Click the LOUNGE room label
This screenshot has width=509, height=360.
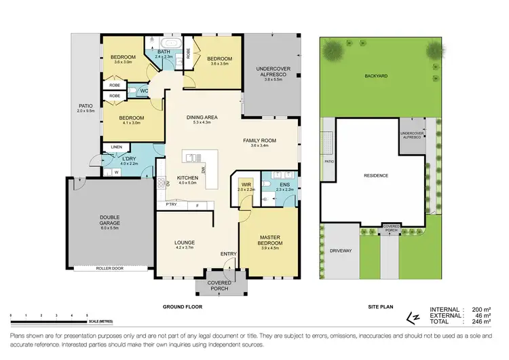click(x=185, y=242)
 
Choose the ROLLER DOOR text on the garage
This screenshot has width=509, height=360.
click(x=107, y=270)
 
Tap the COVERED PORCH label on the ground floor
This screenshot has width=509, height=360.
click(x=219, y=285)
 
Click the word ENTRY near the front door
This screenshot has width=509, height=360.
click(x=229, y=254)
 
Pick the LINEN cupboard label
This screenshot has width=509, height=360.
click(x=117, y=147)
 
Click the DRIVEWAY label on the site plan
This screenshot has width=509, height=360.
click(x=341, y=251)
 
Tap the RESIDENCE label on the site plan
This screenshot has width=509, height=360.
click(x=375, y=175)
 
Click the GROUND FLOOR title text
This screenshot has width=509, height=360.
click(x=182, y=307)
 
